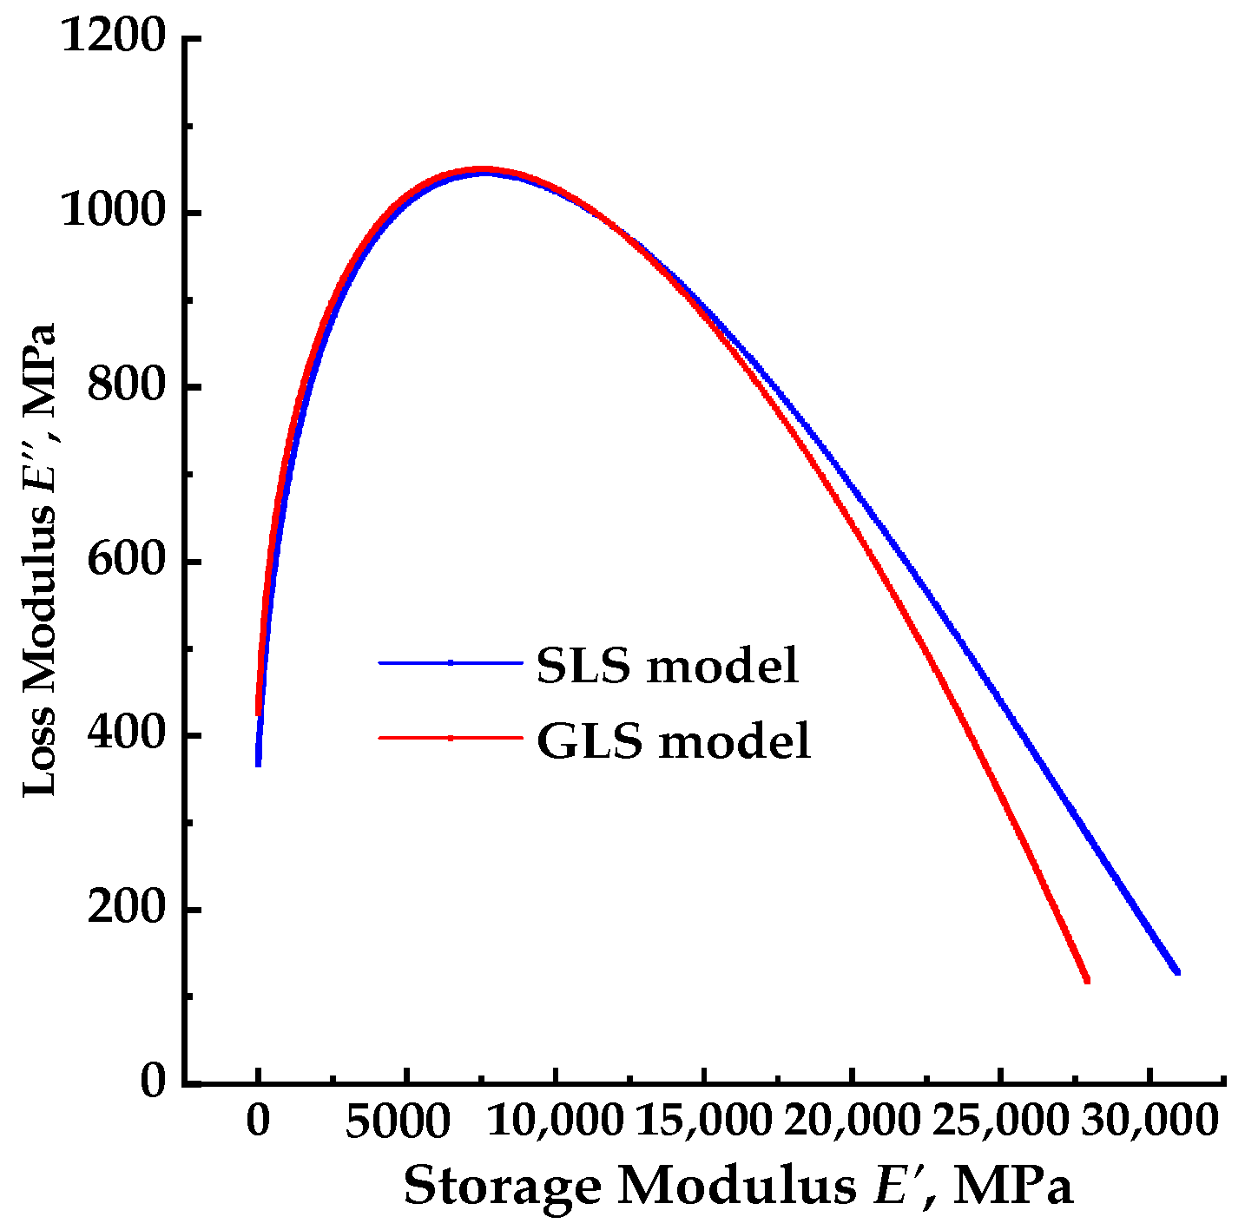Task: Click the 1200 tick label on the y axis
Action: pos(113,39)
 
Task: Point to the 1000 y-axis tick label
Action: pos(113,213)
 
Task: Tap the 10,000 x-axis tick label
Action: pos(555,1121)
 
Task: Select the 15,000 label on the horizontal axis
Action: pos(703,1121)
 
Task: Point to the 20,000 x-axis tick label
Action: pos(852,1121)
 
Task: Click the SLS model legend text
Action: pos(667,666)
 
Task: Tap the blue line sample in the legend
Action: pos(451,663)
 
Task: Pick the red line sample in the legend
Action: pos(451,738)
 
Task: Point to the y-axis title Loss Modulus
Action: pos(39,560)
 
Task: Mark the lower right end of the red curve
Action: pos(1086,980)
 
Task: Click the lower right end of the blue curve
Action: pos(1177,971)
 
